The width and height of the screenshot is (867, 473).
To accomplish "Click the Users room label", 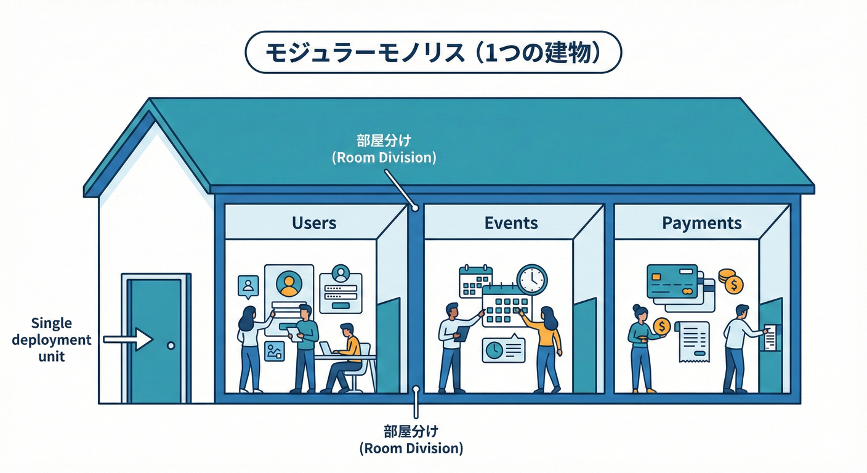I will pyautogui.click(x=314, y=222).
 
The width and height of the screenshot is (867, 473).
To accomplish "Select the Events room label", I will pyautogui.click(x=511, y=222).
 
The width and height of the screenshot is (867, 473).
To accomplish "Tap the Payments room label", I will pyautogui.click(x=702, y=222).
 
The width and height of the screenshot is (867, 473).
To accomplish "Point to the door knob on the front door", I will pyautogui.click(x=171, y=346).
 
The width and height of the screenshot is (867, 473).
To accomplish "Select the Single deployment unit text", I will pyautogui.click(x=51, y=339).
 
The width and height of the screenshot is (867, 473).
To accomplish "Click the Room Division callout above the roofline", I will pyautogui.click(x=384, y=150).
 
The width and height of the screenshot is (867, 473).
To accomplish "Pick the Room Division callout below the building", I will pyautogui.click(x=411, y=439).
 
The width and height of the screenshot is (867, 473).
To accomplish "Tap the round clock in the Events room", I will pyautogui.click(x=531, y=279).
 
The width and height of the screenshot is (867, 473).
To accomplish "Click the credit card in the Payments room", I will pyautogui.click(x=672, y=280).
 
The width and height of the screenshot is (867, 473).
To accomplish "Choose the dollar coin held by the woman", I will pyautogui.click(x=662, y=326).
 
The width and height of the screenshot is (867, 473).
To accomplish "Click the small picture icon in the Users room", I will pyautogui.click(x=274, y=351).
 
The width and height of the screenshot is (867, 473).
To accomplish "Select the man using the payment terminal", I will pyautogui.click(x=738, y=348).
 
